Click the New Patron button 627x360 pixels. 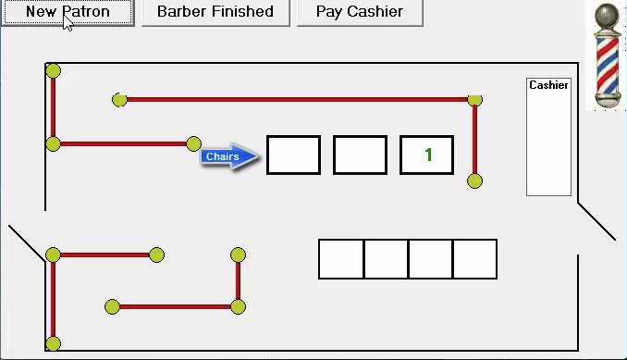pyautogui.click(x=68, y=13)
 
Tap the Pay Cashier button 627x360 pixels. pyautogui.click(x=360, y=13)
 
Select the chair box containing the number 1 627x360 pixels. pyautogui.click(x=426, y=155)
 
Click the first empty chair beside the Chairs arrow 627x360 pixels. pyautogui.click(x=293, y=155)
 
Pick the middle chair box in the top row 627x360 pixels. pyautogui.click(x=360, y=155)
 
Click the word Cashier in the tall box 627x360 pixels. pyautogui.click(x=548, y=85)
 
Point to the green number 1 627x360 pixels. pyautogui.click(x=428, y=155)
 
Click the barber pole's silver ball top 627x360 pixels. pyautogui.click(x=607, y=16)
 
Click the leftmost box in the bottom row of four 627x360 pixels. pyautogui.click(x=341, y=259)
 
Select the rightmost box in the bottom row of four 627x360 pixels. pyautogui.click(x=474, y=259)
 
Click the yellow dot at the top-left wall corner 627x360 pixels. pyautogui.click(x=53, y=71)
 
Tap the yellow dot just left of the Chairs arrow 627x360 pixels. pyautogui.click(x=193, y=143)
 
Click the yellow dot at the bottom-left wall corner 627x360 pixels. pyautogui.click(x=53, y=344)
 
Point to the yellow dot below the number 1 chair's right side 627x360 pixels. pyautogui.click(x=474, y=180)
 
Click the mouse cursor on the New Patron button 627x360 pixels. pyautogui.click(x=68, y=22)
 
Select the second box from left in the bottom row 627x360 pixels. pyautogui.click(x=386, y=259)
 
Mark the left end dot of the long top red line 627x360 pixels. pyautogui.click(x=119, y=99)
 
